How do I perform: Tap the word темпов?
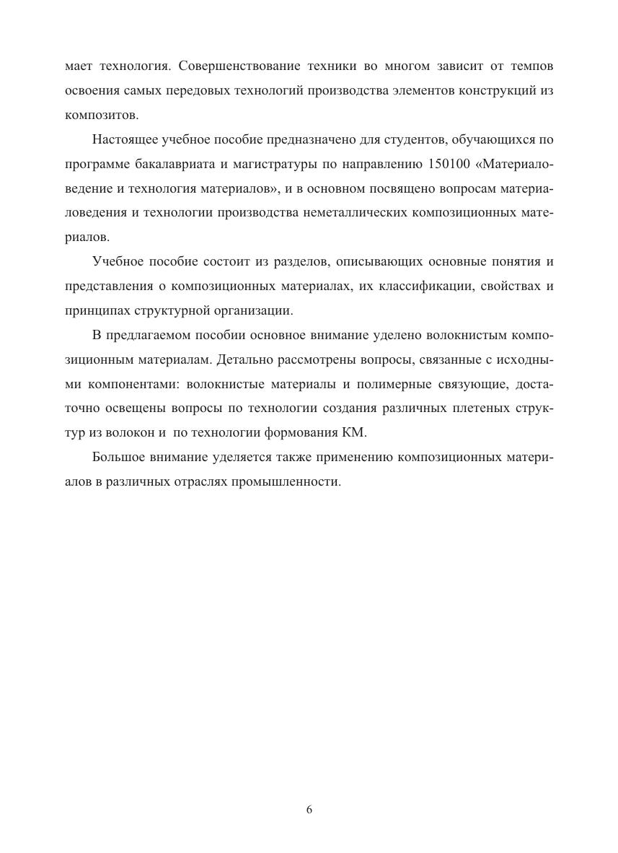tap(531, 66)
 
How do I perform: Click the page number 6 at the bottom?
tap(309, 810)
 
